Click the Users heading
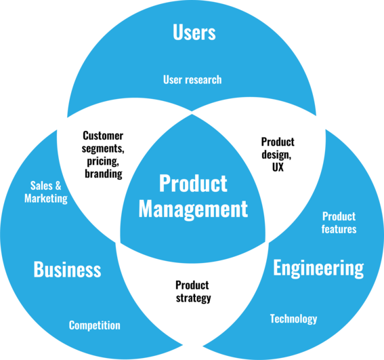pyautogui.click(x=194, y=33)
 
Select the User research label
pyautogui.click(x=192, y=79)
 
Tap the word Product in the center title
pyautogui.click(x=193, y=183)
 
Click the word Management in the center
pyautogui.click(x=193, y=208)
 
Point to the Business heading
pyautogui.click(x=67, y=270)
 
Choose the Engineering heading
pyautogui.click(x=318, y=268)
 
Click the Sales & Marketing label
pyautogui.click(x=46, y=192)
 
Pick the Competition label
pyautogui.click(x=94, y=325)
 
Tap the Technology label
pyautogui.click(x=293, y=319)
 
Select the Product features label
pyautogui.click(x=339, y=223)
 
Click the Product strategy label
pyautogui.click(x=192, y=292)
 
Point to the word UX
pyautogui.click(x=278, y=167)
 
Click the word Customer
pyautogui.click(x=103, y=136)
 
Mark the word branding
pyautogui.click(x=103, y=174)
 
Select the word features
pyautogui.click(x=339, y=229)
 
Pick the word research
pyautogui.click(x=202, y=79)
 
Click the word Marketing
pyautogui.click(x=46, y=199)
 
